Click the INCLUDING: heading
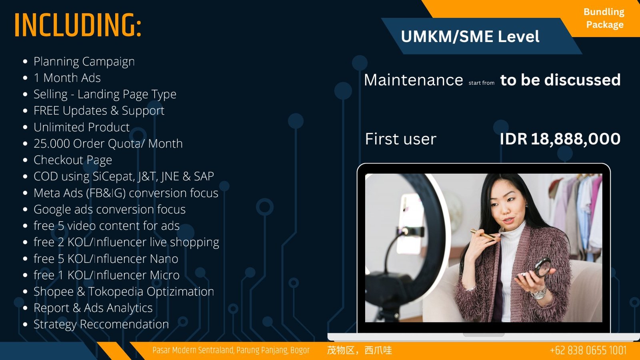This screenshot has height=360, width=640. (x=78, y=25)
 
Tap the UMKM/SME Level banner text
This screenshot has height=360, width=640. (x=470, y=36)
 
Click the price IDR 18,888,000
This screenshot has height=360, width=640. (x=560, y=139)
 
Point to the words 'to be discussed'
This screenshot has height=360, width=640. (x=560, y=80)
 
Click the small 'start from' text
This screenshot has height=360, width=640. (x=482, y=83)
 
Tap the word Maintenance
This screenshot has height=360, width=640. (x=413, y=80)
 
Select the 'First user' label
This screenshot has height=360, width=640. (x=400, y=139)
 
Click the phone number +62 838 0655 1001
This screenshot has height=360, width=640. (x=588, y=350)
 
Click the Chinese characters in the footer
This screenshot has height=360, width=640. (x=360, y=350)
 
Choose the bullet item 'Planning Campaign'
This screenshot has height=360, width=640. (x=84, y=62)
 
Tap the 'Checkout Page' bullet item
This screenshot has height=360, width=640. (x=72, y=160)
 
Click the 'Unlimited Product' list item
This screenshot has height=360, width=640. (x=82, y=127)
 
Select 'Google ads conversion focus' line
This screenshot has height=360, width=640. (x=110, y=210)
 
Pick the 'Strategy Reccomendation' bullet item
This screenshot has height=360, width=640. (x=101, y=324)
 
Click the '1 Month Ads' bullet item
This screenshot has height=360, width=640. (x=67, y=78)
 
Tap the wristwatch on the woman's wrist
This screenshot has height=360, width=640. (x=539, y=293)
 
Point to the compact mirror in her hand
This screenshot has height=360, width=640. (x=542, y=267)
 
